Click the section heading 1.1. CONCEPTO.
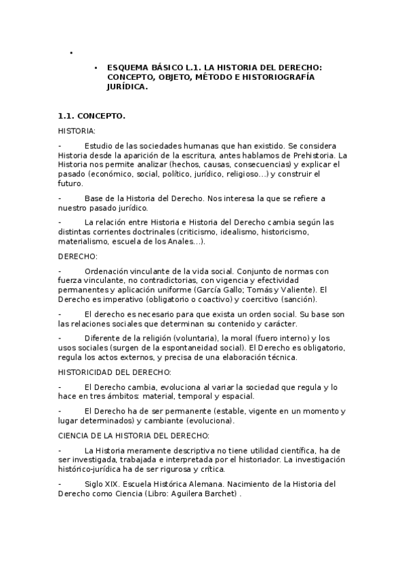[x=91, y=116]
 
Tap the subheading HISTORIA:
[x=77, y=131]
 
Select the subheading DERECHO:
[x=78, y=256]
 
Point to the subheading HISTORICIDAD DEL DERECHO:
[x=115, y=372]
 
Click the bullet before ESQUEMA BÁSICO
[x=96, y=68]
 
